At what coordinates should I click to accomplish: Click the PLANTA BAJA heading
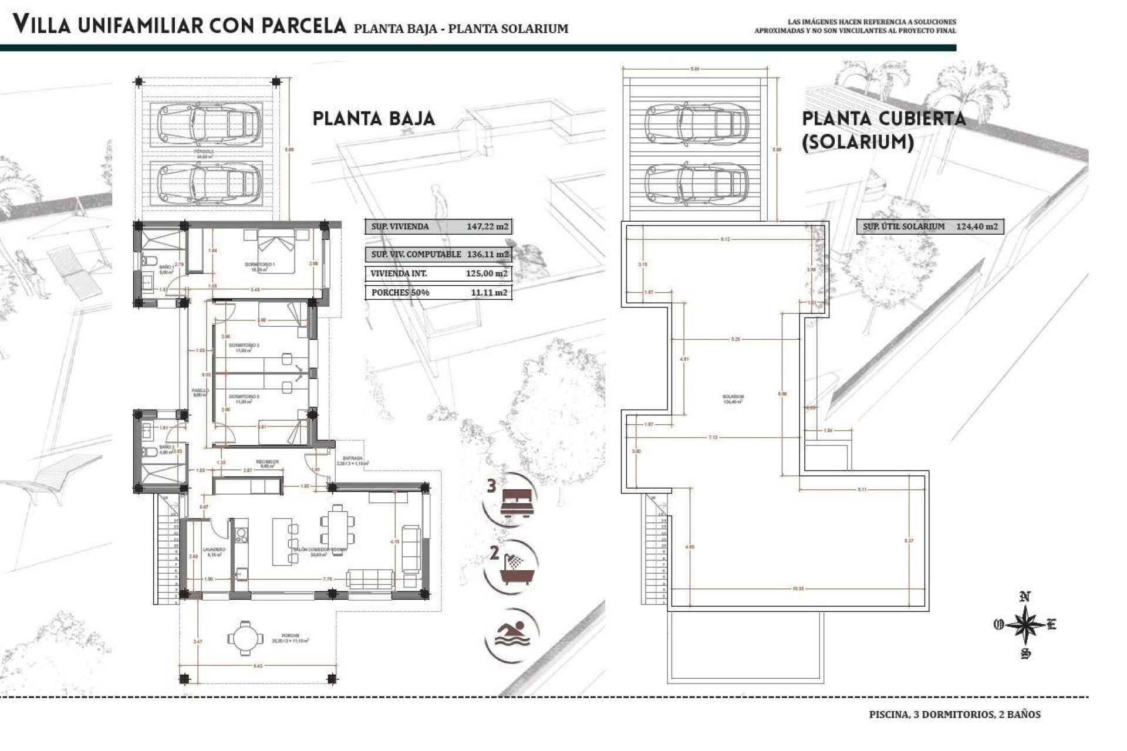(373, 119)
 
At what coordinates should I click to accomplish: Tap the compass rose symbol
(1025, 625)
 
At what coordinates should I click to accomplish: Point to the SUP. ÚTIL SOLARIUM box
(930, 226)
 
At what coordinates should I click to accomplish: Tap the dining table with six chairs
(338, 525)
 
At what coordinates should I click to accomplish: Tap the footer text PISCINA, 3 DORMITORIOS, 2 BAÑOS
(954, 715)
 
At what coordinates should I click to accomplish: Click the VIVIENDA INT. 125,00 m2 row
(438, 274)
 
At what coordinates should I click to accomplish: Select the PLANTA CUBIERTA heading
(883, 119)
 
